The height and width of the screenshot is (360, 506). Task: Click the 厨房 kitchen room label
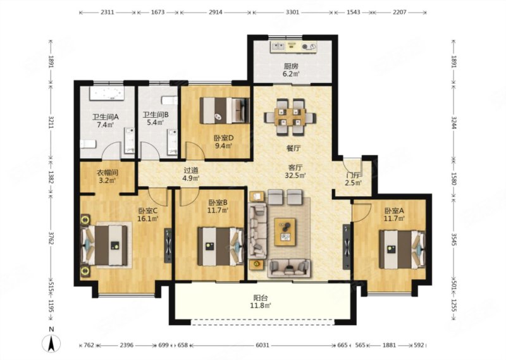(x=291, y=66)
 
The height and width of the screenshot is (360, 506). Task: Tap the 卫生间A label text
(x=106, y=117)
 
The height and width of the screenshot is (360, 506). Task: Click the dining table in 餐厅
(x=290, y=116)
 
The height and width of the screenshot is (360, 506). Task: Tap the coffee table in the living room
(x=285, y=232)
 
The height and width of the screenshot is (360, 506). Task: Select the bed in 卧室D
(x=225, y=111)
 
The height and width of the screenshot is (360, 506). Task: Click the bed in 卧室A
(x=402, y=249)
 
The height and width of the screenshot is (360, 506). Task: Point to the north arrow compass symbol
(x=51, y=342)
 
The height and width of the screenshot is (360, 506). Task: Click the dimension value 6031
(x=262, y=345)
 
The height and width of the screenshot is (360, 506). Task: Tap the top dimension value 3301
(x=292, y=12)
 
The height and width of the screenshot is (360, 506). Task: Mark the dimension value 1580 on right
(x=454, y=178)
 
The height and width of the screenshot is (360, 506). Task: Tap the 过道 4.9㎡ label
(x=192, y=174)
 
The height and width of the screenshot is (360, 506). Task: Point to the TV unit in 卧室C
(x=168, y=245)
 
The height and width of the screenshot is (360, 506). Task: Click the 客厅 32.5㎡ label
(x=295, y=171)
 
